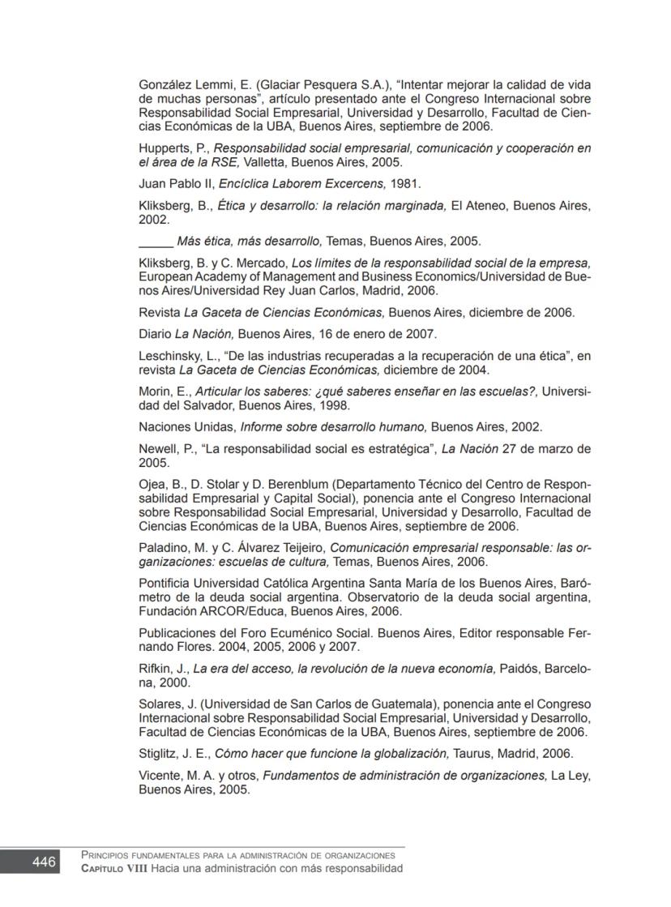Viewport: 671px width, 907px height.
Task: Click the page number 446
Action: pos(45,862)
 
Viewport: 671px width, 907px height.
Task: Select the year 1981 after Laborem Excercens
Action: pos(404,184)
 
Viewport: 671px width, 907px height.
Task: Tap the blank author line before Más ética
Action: pos(156,242)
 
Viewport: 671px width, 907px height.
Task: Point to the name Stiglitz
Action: pos(157,754)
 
